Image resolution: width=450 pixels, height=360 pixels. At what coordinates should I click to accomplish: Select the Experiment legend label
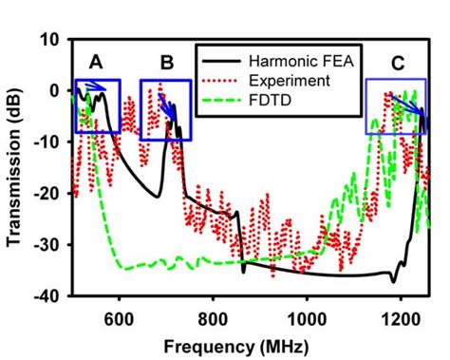[x=283, y=81]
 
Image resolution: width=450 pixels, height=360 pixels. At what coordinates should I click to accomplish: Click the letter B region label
[x=167, y=64]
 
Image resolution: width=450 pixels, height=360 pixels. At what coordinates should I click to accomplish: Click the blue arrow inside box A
[x=95, y=88]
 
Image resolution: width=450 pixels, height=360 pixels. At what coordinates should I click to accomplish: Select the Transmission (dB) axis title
[x=15, y=169]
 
